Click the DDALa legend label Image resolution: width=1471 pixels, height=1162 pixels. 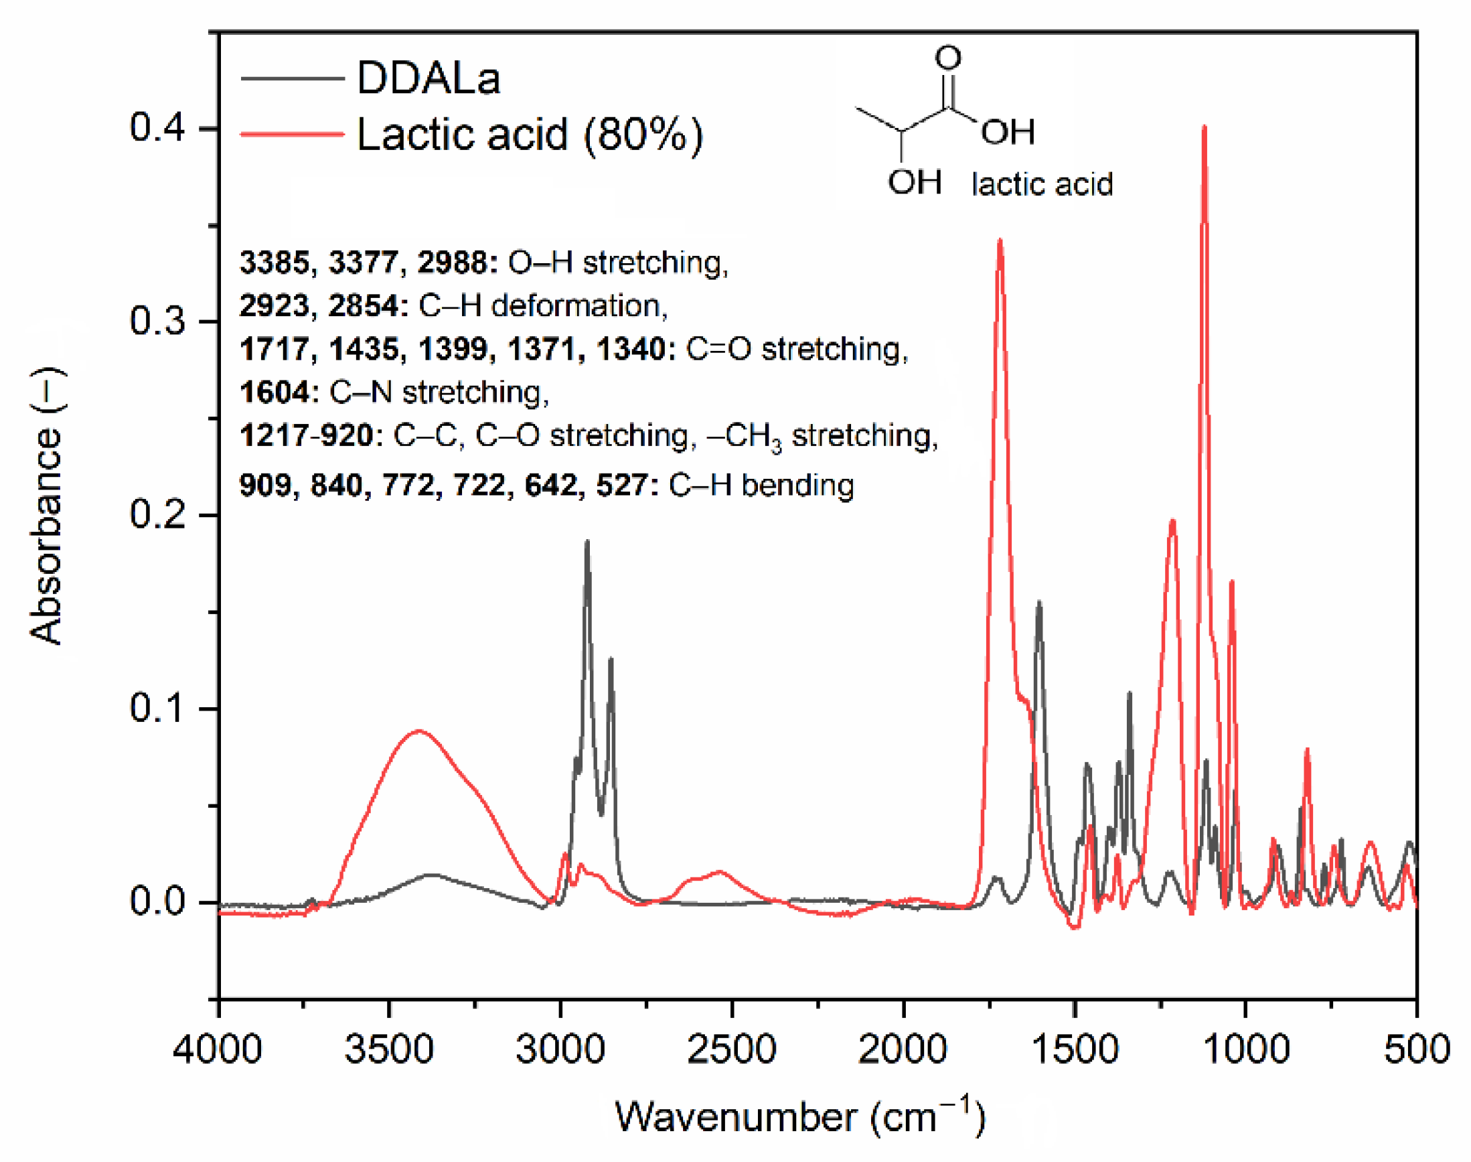[x=429, y=78]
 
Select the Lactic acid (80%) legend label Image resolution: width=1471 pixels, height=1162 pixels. [x=530, y=134]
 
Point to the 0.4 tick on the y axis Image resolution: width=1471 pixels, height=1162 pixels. [x=157, y=127]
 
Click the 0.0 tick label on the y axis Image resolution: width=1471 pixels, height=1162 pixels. [x=157, y=901]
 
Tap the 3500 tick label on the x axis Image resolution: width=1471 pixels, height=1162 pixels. [x=389, y=1048]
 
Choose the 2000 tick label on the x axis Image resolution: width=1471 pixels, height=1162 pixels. [x=903, y=1048]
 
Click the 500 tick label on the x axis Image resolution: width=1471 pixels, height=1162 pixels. [x=1417, y=1048]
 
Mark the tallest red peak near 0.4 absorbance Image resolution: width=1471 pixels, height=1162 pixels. [x=1205, y=128]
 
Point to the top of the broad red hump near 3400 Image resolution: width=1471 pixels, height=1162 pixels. [x=419, y=731]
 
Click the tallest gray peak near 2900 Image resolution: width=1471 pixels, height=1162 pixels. [x=588, y=542]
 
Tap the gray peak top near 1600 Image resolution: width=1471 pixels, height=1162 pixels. [x=1038, y=603]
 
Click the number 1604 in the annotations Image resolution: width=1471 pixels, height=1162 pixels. [x=275, y=392]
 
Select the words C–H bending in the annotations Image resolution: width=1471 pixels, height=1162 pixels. [x=761, y=486]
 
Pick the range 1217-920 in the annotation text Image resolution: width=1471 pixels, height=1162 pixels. [x=306, y=436]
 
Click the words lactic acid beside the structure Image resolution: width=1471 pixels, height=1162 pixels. [x=1042, y=184]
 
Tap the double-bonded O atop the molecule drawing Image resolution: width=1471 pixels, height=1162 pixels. [x=949, y=58]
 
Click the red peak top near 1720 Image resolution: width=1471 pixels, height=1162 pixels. [x=1000, y=241]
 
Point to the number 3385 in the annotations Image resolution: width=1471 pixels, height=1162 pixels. [x=274, y=263]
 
